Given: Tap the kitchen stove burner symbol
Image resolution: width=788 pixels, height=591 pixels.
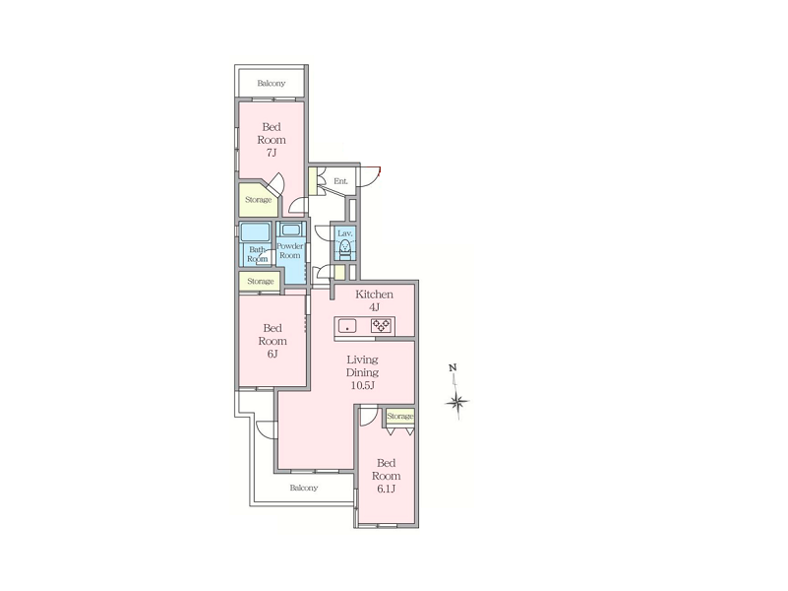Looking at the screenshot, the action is [381, 326].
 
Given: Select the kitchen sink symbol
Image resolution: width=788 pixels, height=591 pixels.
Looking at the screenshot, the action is [347, 326].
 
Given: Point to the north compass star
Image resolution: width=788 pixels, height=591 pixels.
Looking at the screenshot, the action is [457, 401].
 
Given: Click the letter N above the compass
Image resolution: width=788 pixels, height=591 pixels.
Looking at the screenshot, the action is [453, 367].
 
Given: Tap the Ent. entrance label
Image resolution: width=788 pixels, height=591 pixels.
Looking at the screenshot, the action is [340, 181].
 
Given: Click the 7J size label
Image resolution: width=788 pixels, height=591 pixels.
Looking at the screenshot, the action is [272, 153].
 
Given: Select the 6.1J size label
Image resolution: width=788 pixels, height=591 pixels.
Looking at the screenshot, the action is [386, 489].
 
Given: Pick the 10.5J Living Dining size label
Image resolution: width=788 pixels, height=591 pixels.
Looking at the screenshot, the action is [362, 386].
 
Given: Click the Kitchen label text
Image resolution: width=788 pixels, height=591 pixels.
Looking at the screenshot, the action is [375, 295].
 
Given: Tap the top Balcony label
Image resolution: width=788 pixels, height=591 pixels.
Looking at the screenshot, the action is [272, 83].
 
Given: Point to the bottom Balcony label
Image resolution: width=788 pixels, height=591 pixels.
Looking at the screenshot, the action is [304, 488].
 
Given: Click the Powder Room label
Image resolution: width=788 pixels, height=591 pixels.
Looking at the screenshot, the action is [290, 250].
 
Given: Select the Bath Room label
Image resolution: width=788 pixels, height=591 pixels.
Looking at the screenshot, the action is [258, 254].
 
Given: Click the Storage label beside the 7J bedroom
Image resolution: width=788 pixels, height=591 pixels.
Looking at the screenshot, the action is [259, 200].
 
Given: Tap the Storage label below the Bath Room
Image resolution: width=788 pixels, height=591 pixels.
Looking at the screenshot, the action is [261, 281].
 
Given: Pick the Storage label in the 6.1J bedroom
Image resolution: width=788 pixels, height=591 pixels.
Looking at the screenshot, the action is [400, 416].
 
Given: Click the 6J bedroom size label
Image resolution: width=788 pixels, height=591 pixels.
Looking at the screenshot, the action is [273, 354].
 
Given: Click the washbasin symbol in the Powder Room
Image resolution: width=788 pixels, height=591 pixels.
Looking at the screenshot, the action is [290, 230].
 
